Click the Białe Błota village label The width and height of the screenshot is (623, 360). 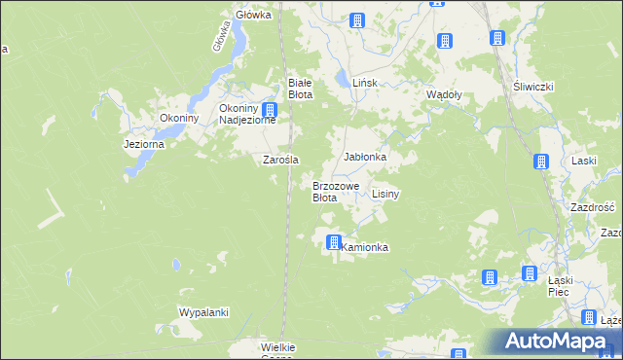coord(299,89)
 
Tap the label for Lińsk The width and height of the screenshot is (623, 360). coord(364,85)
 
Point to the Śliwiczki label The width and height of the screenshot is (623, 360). coord(532,87)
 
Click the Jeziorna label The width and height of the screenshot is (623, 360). coord(144,144)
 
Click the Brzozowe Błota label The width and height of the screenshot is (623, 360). coord(336,191)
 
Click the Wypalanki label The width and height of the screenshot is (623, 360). coord(202,312)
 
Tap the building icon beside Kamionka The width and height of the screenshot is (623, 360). coord(334,242)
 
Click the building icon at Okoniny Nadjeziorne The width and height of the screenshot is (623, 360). coord(270,111)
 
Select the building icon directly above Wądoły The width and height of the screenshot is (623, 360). coord(444,41)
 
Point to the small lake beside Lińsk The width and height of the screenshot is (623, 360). coord(340,77)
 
